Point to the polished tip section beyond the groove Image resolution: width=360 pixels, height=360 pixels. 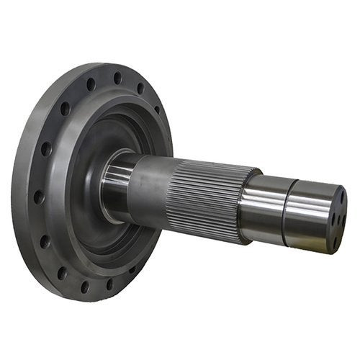click(x=306, y=216)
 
